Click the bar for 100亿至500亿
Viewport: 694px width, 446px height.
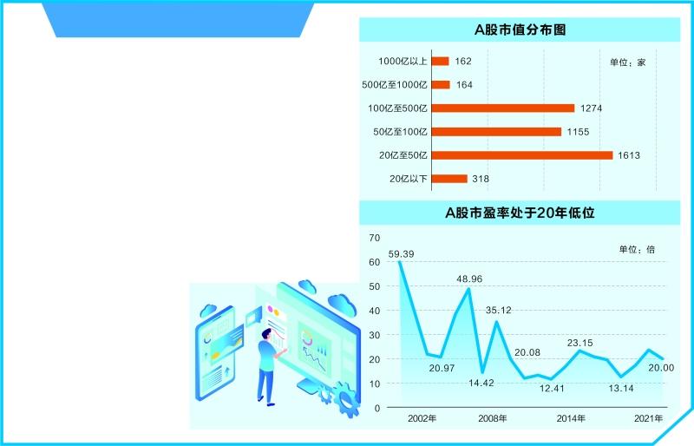click(x=503, y=108)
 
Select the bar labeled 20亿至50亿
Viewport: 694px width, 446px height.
click(x=522, y=155)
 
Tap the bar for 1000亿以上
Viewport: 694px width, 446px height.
click(x=441, y=61)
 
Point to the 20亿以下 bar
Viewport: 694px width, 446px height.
click(x=449, y=179)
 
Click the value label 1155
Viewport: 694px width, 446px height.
click(x=578, y=132)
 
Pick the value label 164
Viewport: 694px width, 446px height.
click(x=464, y=84)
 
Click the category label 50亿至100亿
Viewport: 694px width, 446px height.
click(x=400, y=132)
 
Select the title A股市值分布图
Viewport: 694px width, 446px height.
click(x=520, y=30)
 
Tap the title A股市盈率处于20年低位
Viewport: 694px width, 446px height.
click(x=520, y=213)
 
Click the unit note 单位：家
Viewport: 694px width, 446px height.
click(x=627, y=62)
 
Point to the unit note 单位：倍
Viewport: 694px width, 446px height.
click(x=637, y=249)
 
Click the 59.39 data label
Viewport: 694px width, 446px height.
click(x=401, y=254)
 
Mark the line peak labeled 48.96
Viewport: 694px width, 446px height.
click(x=468, y=289)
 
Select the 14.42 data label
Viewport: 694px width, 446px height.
click(x=481, y=383)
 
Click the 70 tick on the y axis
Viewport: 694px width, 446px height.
click(x=375, y=238)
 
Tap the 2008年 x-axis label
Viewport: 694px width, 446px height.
click(x=493, y=418)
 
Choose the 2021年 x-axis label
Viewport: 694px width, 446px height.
click(x=648, y=418)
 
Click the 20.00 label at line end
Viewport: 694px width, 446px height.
click(x=661, y=368)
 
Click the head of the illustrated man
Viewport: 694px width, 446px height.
click(x=266, y=334)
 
